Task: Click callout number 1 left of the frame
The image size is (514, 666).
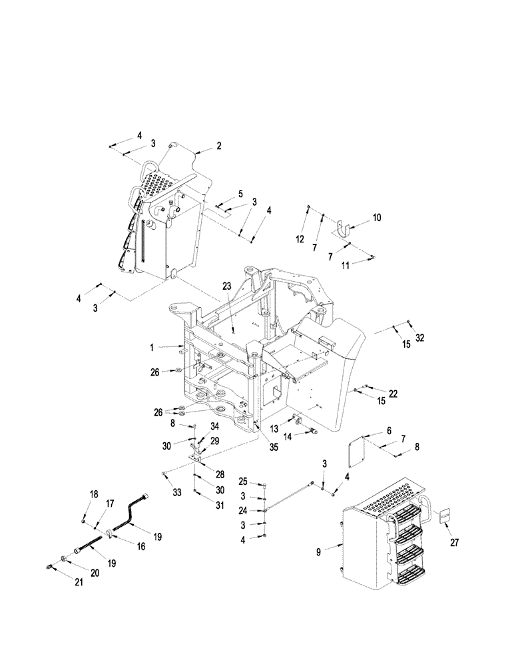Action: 152,347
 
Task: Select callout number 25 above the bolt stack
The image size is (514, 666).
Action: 244,481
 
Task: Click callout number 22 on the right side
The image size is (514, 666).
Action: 393,394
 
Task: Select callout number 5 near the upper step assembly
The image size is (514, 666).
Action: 240,194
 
